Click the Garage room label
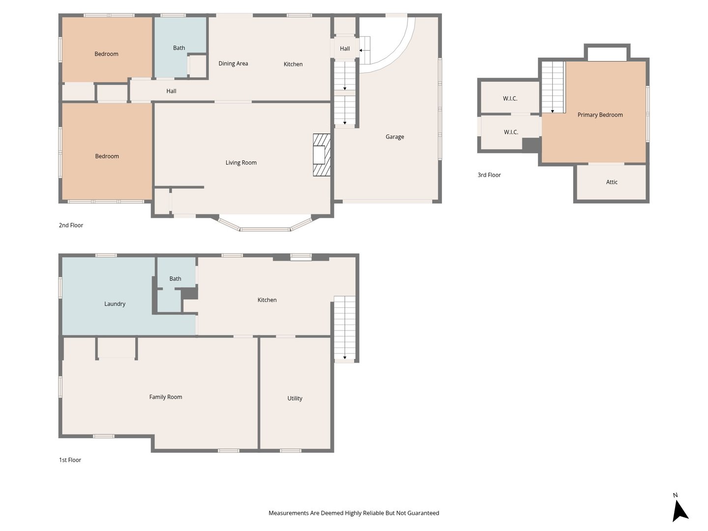(394, 137)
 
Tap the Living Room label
(241, 162)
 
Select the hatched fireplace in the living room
(322, 155)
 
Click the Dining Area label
(233, 63)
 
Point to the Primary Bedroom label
(600, 115)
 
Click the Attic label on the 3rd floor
(612, 182)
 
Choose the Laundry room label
(115, 304)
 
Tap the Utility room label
(295, 398)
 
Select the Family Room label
(166, 397)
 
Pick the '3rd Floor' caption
(489, 175)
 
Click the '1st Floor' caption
(70, 460)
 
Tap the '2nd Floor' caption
(71, 225)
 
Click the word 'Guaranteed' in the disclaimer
(423, 513)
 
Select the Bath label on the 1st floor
(175, 279)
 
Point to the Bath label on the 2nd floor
(179, 48)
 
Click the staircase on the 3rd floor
(553, 87)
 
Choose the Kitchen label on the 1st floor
(267, 300)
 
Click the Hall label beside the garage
(345, 49)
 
